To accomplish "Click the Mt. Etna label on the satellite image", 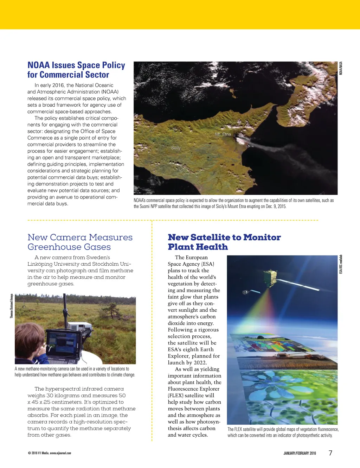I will coord(223,134).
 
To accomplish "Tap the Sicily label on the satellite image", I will coord(176,148).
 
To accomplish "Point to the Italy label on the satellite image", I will coord(300,101).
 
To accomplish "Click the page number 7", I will coord(330,453).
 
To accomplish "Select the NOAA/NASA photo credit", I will coord(341,68).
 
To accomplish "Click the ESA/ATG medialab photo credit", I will coord(341,265).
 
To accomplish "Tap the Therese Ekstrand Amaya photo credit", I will coord(11,306).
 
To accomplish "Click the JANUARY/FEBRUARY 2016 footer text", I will coord(300,453).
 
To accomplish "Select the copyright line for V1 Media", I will coord(49,453).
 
